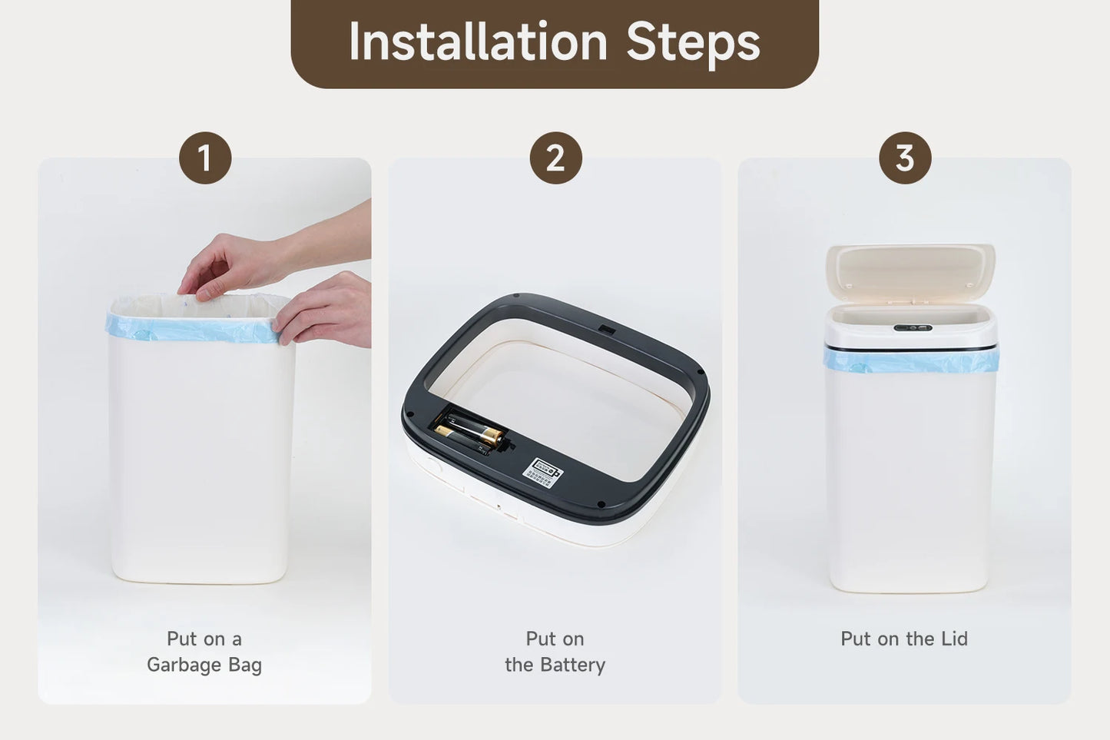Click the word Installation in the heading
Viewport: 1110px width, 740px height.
[478, 41]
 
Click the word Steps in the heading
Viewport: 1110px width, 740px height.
[693, 41]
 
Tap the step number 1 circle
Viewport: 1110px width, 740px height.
[205, 158]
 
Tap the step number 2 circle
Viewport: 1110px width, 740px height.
[555, 158]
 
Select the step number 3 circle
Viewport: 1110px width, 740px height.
[905, 158]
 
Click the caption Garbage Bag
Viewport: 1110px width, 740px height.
[204, 665]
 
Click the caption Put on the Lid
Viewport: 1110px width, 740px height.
[904, 639]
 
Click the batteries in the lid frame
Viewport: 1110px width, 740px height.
[467, 433]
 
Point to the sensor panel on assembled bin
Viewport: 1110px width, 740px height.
[913, 328]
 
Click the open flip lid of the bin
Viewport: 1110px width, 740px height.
[910, 270]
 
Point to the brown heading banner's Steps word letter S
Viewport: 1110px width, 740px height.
[641, 41]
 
